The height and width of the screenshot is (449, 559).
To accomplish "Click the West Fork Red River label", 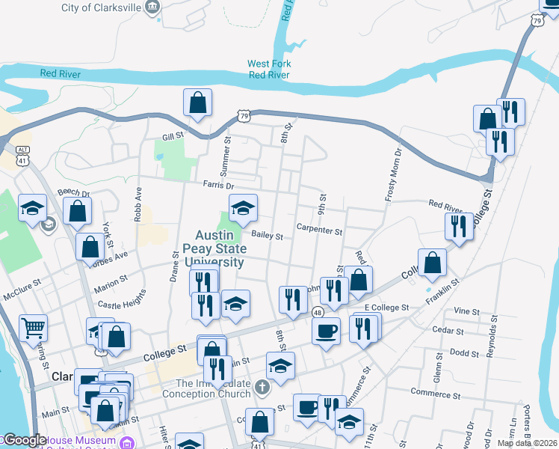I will pyautogui.click(x=269, y=69).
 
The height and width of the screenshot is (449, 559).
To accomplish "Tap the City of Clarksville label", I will pyautogui.click(x=101, y=8).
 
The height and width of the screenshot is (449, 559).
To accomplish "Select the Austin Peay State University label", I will pyautogui.click(x=214, y=248).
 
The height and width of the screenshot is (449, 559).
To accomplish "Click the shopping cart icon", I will pyautogui.click(x=33, y=326).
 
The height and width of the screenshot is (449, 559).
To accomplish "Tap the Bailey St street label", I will pyautogui.click(x=267, y=236).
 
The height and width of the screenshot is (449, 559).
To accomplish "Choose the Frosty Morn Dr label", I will pyautogui.click(x=393, y=174).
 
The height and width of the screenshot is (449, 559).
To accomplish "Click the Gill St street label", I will pyautogui.click(x=173, y=138).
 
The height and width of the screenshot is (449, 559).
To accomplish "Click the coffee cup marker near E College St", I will pyautogui.click(x=326, y=330).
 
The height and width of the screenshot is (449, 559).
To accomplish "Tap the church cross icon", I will pyautogui.click(x=261, y=387).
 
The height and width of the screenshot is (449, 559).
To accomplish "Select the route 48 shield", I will pyautogui.click(x=318, y=312).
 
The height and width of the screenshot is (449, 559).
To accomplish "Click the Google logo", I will pyautogui.click(x=25, y=440).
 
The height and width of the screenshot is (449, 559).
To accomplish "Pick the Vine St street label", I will pyautogui.click(x=466, y=311).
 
